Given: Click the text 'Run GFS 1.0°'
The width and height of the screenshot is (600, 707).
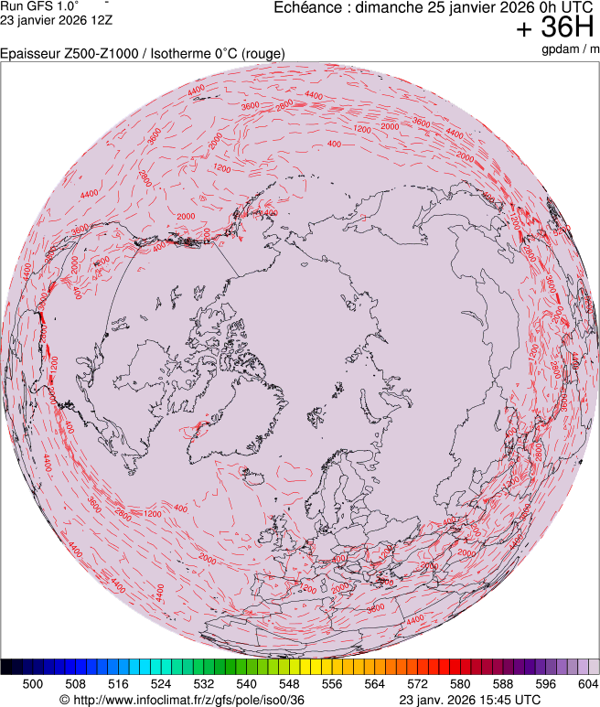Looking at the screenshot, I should pos(39,5).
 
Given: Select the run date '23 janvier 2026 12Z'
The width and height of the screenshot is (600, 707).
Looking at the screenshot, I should pos(56,19).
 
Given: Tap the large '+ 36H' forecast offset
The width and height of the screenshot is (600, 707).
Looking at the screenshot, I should pos(556,28).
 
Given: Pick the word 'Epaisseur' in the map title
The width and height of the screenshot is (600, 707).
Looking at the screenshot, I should pos(30,54).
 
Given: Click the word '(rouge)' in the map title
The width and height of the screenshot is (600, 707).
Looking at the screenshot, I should pos(262,54).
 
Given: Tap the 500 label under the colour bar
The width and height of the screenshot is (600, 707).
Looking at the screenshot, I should pos(33,683).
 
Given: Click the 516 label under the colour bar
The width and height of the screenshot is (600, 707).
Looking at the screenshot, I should pos(118,683).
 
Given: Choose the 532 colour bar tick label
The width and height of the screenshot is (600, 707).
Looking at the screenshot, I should pos(204,683).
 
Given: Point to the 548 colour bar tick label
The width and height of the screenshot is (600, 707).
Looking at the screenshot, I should pos(289,683).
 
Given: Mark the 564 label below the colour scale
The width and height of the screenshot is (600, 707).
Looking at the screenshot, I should pos(375,683).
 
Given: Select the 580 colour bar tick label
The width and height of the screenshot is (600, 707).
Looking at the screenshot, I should pos(460,683).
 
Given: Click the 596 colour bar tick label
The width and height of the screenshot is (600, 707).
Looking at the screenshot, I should pos(546,683).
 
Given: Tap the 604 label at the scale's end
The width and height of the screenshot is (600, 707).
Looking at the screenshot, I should pos(588,683).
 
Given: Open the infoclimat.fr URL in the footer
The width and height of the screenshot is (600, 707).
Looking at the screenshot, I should pos(181,700).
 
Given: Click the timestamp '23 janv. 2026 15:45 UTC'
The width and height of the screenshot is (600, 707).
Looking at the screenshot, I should pos(470,700).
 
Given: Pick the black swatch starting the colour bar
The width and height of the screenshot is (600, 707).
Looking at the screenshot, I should pos(6,667).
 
